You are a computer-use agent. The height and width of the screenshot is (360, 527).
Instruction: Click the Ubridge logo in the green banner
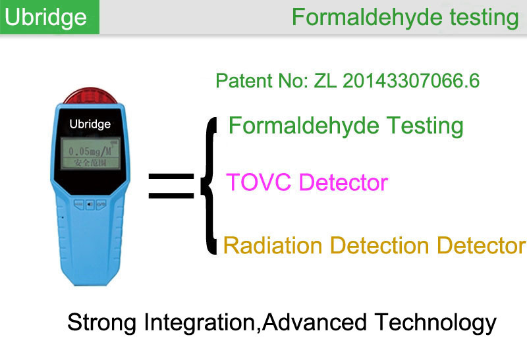[45, 18]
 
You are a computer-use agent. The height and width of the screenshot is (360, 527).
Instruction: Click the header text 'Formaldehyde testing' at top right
[405, 18]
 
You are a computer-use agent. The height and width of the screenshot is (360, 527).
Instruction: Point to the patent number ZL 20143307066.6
[397, 81]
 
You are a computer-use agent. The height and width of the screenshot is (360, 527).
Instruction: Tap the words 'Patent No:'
[262, 81]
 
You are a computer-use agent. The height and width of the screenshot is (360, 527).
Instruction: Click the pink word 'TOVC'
[258, 182]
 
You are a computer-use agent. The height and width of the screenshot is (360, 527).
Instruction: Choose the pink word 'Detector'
[343, 182]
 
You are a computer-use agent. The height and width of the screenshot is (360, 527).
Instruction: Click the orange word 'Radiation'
[273, 245]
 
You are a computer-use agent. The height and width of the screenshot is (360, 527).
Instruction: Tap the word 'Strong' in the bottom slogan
[102, 322]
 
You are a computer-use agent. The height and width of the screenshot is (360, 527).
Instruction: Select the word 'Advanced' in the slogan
[314, 322]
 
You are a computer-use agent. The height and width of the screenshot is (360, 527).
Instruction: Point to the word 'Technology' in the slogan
[435, 322]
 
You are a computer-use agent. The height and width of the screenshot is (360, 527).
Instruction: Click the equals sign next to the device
[171, 186]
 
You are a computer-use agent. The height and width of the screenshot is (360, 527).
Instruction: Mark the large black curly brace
[209, 186]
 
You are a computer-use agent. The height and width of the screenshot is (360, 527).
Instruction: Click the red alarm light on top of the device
[90, 95]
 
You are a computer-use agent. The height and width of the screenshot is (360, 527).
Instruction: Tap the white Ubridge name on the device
[90, 124]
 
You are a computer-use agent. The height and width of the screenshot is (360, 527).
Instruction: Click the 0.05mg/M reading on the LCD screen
[90, 151]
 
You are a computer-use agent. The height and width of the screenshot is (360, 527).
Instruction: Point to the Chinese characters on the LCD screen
[90, 163]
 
